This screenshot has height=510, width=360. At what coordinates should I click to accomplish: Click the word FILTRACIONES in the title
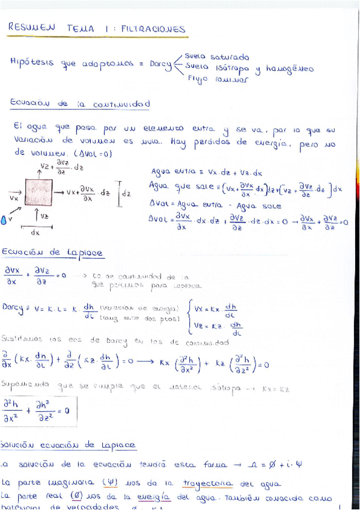coord(153,29)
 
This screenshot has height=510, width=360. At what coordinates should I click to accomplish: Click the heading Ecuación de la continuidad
coord(79,104)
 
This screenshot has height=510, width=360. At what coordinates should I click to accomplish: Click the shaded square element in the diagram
coord(38,193)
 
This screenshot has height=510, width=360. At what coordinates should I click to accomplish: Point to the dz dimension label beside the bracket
coord(126,194)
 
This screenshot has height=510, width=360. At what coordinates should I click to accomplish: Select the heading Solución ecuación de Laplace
coord(69,445)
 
